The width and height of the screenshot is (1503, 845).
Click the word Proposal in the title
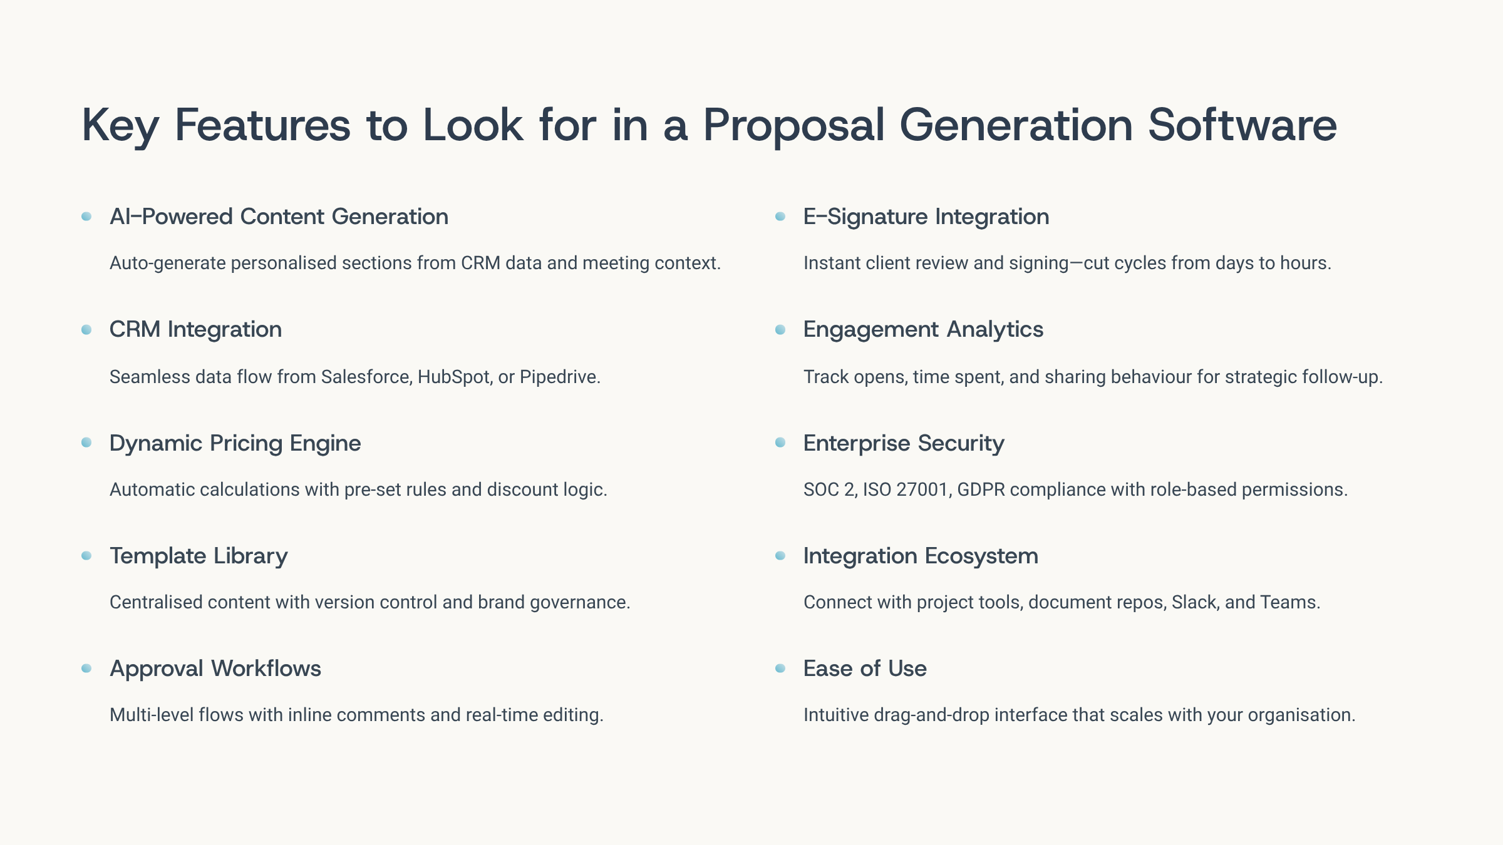(x=793, y=125)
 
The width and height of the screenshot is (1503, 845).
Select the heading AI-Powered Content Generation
(x=279, y=217)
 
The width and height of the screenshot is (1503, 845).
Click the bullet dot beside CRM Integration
(x=86, y=329)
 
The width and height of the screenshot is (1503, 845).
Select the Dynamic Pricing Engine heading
(x=235, y=443)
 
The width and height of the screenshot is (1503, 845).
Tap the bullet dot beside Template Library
(x=86, y=555)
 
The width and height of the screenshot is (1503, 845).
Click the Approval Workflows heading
(x=215, y=668)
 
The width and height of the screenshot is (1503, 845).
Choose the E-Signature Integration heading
(x=926, y=217)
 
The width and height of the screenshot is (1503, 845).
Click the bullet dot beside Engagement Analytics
(x=780, y=329)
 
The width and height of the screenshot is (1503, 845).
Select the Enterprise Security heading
(x=904, y=443)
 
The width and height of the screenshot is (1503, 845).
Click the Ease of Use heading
(x=865, y=668)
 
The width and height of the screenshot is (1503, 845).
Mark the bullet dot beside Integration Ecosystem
(x=780, y=555)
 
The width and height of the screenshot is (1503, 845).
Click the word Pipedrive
(x=559, y=377)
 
